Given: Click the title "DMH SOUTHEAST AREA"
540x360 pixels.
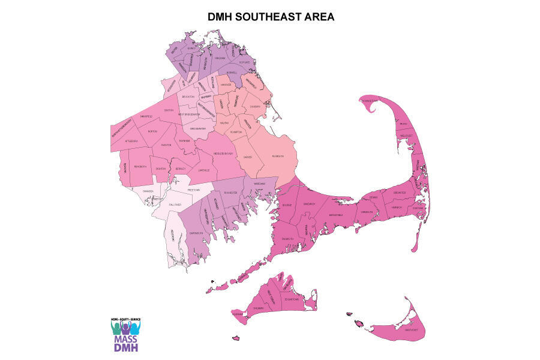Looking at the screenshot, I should coord(271,17).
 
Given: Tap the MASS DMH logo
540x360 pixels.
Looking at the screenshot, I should coord(125,333).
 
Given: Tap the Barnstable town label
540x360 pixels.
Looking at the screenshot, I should coord(335,214).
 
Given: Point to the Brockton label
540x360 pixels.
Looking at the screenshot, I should coord(188,96).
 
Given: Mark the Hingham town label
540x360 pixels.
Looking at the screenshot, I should coord(219,58).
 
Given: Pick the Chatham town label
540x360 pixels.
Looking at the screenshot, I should coord(418,209).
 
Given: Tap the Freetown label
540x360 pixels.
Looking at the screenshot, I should coord(193,190).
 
